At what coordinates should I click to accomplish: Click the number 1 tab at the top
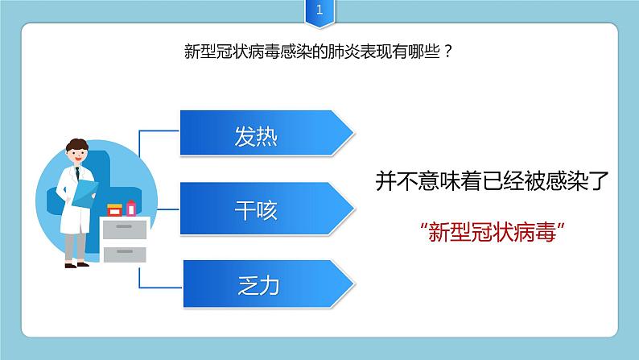coord(319,11)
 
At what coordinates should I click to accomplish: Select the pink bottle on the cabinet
coord(131,208)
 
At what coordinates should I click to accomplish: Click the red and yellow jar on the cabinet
coord(115,211)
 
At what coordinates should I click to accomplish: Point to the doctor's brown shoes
coord(76,263)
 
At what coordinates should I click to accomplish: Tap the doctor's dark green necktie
coord(78,172)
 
